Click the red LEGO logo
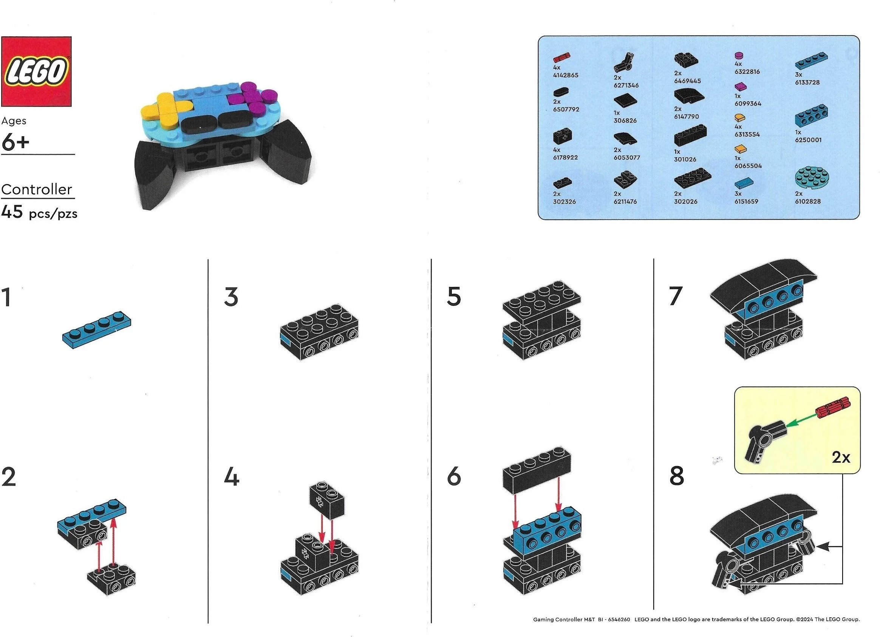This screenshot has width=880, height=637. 36,71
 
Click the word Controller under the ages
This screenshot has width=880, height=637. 37,189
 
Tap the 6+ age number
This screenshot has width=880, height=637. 15,143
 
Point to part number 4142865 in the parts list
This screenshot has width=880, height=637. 565,75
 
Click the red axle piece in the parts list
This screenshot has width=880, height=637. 561,58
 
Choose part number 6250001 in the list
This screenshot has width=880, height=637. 808,140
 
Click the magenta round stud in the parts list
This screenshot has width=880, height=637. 738,56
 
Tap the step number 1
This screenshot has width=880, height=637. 6,298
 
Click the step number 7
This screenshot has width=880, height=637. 676,296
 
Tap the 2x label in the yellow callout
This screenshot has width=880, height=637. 841,457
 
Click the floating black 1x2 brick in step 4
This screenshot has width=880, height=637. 327,501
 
